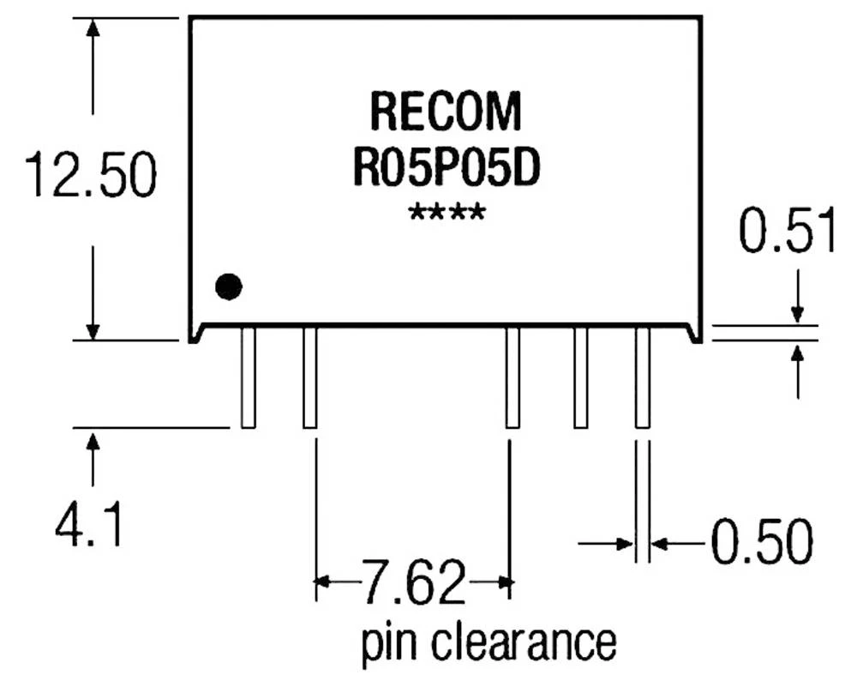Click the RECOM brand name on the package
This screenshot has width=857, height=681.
tap(445, 111)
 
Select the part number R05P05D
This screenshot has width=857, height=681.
tap(446, 167)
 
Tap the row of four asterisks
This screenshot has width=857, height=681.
tap(446, 212)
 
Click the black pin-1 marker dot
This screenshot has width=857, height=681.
tap(228, 286)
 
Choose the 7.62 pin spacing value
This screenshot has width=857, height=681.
tap(413, 583)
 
